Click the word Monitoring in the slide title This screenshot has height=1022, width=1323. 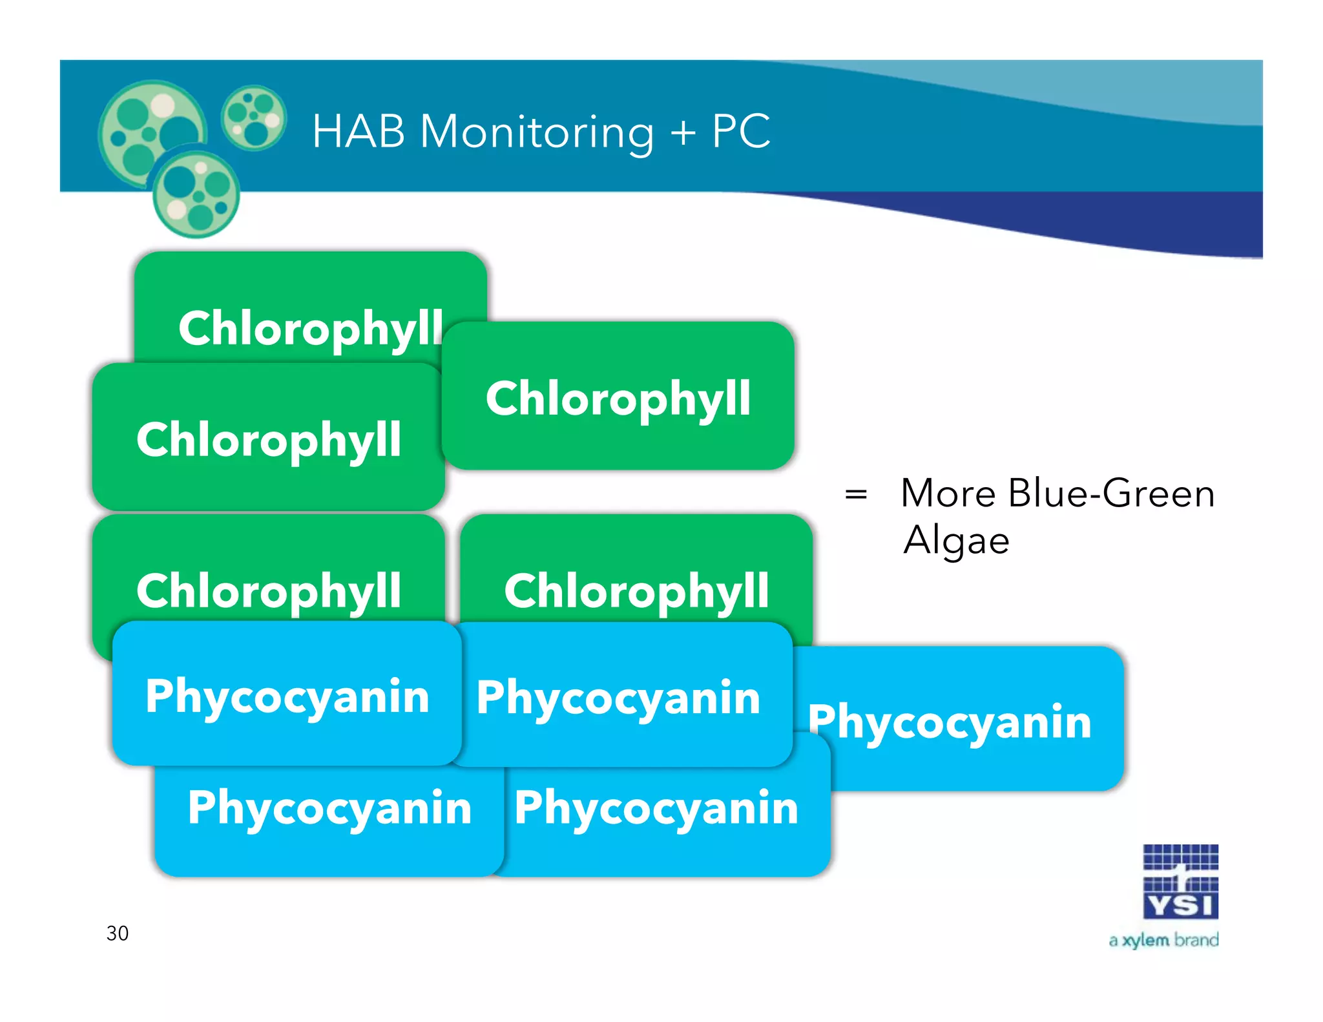coord(536,132)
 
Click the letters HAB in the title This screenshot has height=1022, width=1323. coord(359,132)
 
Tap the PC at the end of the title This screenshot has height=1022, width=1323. coord(741,132)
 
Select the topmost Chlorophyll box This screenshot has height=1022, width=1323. coord(310,304)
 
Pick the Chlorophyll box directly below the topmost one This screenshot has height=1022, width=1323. coord(268,439)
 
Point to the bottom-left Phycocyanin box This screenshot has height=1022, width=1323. coord(329,814)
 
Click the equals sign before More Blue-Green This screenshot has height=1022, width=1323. coord(856,495)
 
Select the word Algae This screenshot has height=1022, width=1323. coord(956,541)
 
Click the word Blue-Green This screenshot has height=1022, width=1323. coord(1111,494)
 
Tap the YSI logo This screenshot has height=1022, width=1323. coord(1180,882)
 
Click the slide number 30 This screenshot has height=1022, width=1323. coord(117,933)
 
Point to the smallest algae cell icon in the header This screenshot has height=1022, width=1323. coord(253,118)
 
